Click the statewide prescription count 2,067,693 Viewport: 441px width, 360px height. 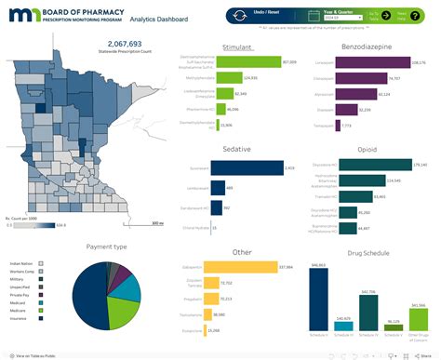[125, 44]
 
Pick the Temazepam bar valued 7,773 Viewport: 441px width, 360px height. [342, 125]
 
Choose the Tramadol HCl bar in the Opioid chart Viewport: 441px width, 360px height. [354, 196]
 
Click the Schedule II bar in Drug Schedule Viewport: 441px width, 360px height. [318, 300]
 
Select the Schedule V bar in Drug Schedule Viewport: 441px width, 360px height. [393, 328]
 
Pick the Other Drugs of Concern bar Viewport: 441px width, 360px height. [418, 316]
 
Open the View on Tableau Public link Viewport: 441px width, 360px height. [37, 354]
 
